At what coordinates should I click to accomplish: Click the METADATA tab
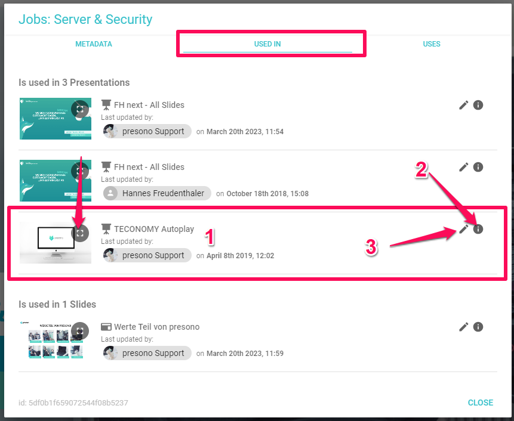94,44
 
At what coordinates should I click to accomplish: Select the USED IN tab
267,44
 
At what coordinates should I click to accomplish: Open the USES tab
432,44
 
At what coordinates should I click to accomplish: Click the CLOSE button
481,403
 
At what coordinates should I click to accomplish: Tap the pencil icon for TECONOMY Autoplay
464,229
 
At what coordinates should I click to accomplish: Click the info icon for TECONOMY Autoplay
478,229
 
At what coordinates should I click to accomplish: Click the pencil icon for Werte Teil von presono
464,327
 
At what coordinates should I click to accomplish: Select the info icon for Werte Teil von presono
478,327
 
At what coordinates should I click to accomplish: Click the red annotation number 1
209,238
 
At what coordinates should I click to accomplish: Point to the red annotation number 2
421,170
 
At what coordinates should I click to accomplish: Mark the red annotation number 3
371,247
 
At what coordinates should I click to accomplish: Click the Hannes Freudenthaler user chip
158,193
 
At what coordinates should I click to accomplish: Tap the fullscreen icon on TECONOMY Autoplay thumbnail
80,233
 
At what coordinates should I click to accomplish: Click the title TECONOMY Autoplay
153,229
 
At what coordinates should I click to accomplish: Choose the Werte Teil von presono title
156,327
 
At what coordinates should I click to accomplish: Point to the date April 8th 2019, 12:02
240,256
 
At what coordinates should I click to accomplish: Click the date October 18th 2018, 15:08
267,194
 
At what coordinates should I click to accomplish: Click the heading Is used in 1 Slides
57,304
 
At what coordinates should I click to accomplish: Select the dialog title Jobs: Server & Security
85,19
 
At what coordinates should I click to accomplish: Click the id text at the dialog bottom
73,403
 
